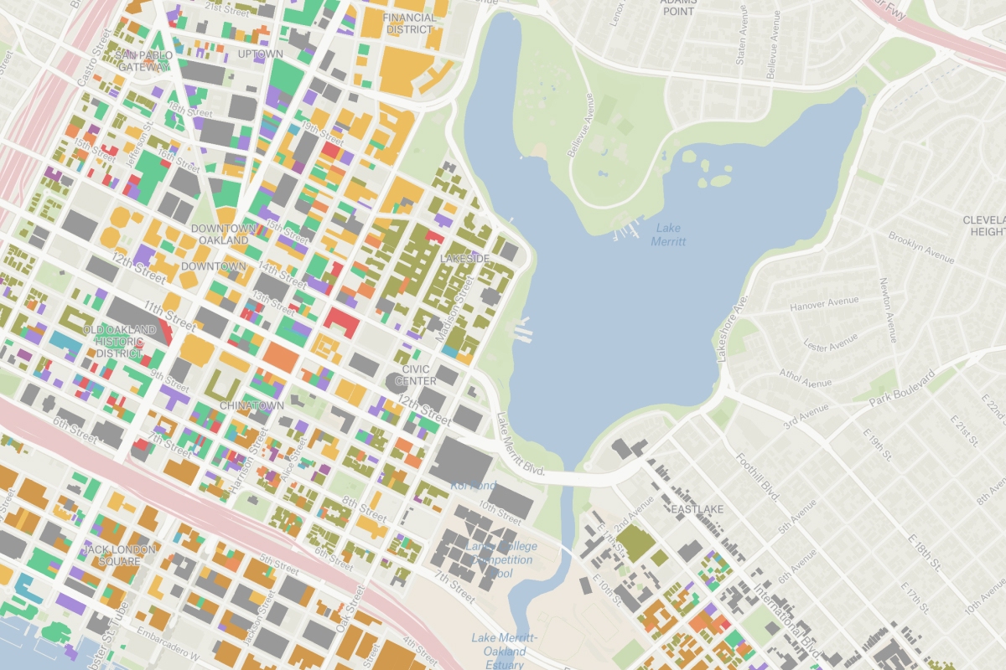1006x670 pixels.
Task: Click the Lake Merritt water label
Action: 670,234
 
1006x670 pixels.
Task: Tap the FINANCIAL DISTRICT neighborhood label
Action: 410,23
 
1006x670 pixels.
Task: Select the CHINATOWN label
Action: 251,405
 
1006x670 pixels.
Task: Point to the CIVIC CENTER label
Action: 416,375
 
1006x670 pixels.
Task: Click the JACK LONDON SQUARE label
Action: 120,555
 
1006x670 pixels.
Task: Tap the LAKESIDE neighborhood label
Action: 464,259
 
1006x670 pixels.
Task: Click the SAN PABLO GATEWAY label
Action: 145,61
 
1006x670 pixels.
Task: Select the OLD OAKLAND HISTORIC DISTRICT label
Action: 119,342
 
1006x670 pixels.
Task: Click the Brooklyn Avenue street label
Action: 920,247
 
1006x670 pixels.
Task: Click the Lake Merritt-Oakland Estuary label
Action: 504,651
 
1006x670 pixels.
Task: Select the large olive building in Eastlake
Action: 635,544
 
